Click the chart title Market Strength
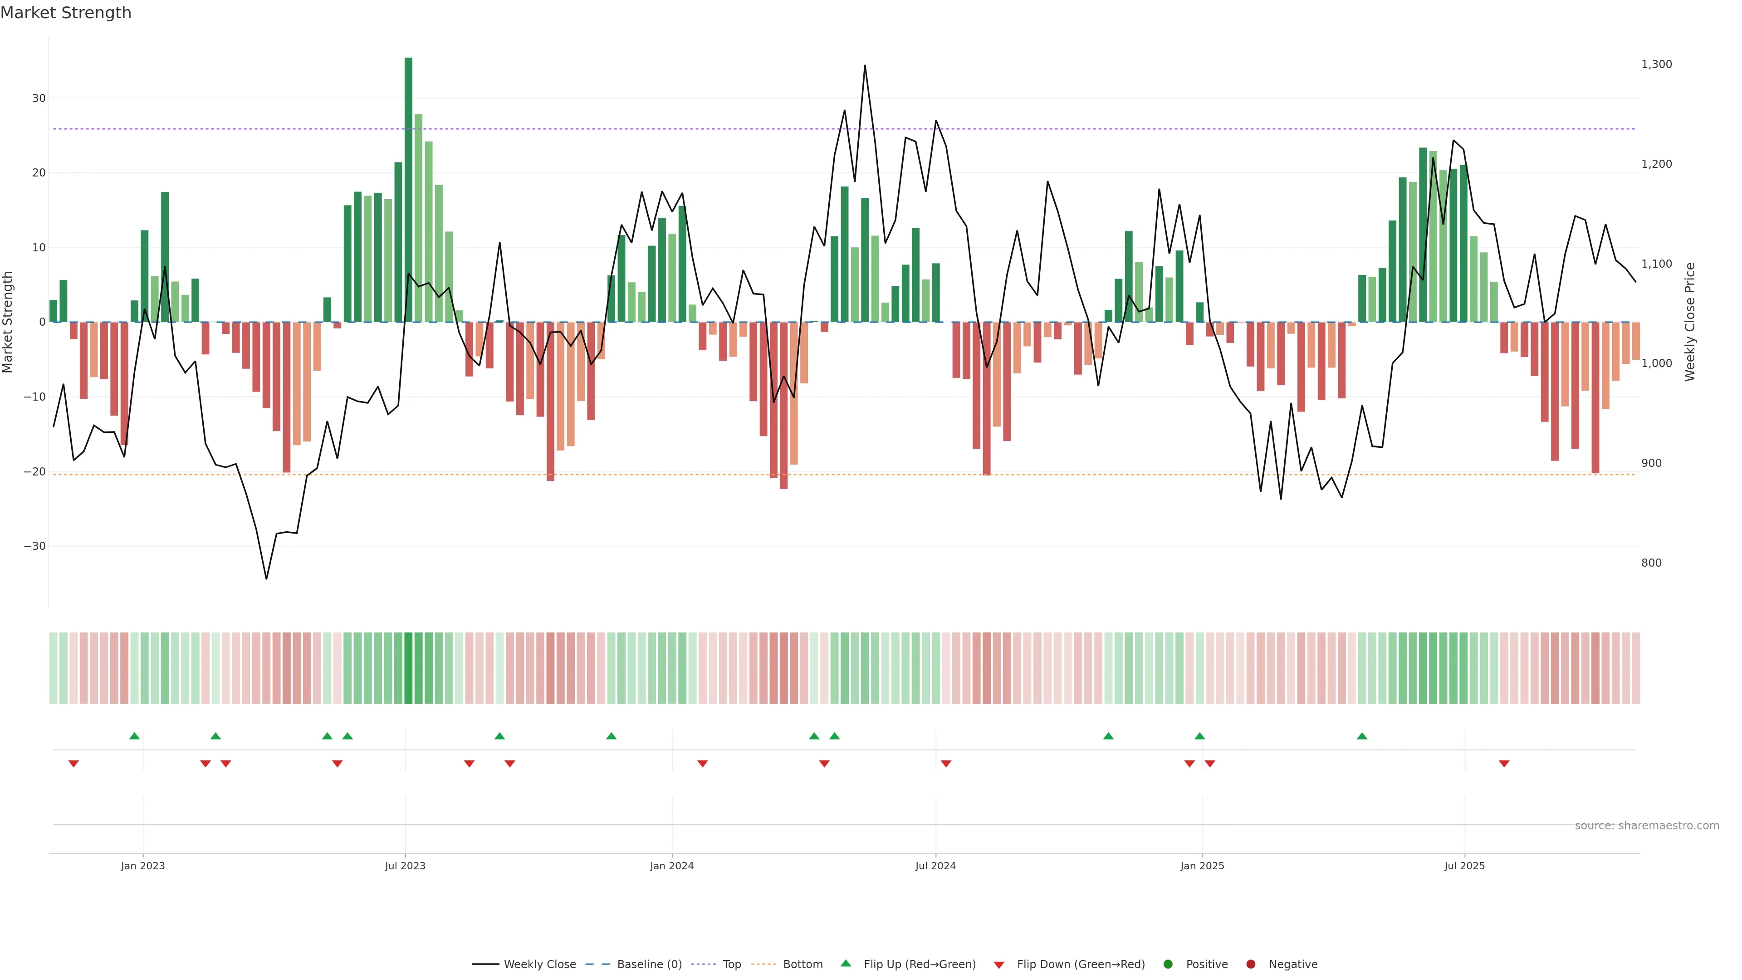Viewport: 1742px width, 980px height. tap(66, 13)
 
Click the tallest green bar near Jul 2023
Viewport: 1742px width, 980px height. tap(408, 189)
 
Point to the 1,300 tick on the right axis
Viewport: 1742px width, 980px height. tap(1656, 64)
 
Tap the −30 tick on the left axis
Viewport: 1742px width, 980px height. tap(34, 546)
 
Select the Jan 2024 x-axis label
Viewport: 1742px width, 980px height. tap(671, 866)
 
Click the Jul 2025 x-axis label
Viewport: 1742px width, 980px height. tap(1464, 866)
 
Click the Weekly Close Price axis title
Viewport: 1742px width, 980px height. tap(1690, 322)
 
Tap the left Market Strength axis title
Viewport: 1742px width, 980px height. tap(8, 322)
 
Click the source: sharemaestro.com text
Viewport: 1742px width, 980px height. tap(1647, 826)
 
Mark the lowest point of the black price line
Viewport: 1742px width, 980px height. tap(266, 578)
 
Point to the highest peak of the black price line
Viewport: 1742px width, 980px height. tap(865, 66)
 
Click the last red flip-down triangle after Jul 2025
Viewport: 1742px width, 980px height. tap(1504, 764)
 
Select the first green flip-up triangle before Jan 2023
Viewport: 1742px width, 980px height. tap(135, 736)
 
